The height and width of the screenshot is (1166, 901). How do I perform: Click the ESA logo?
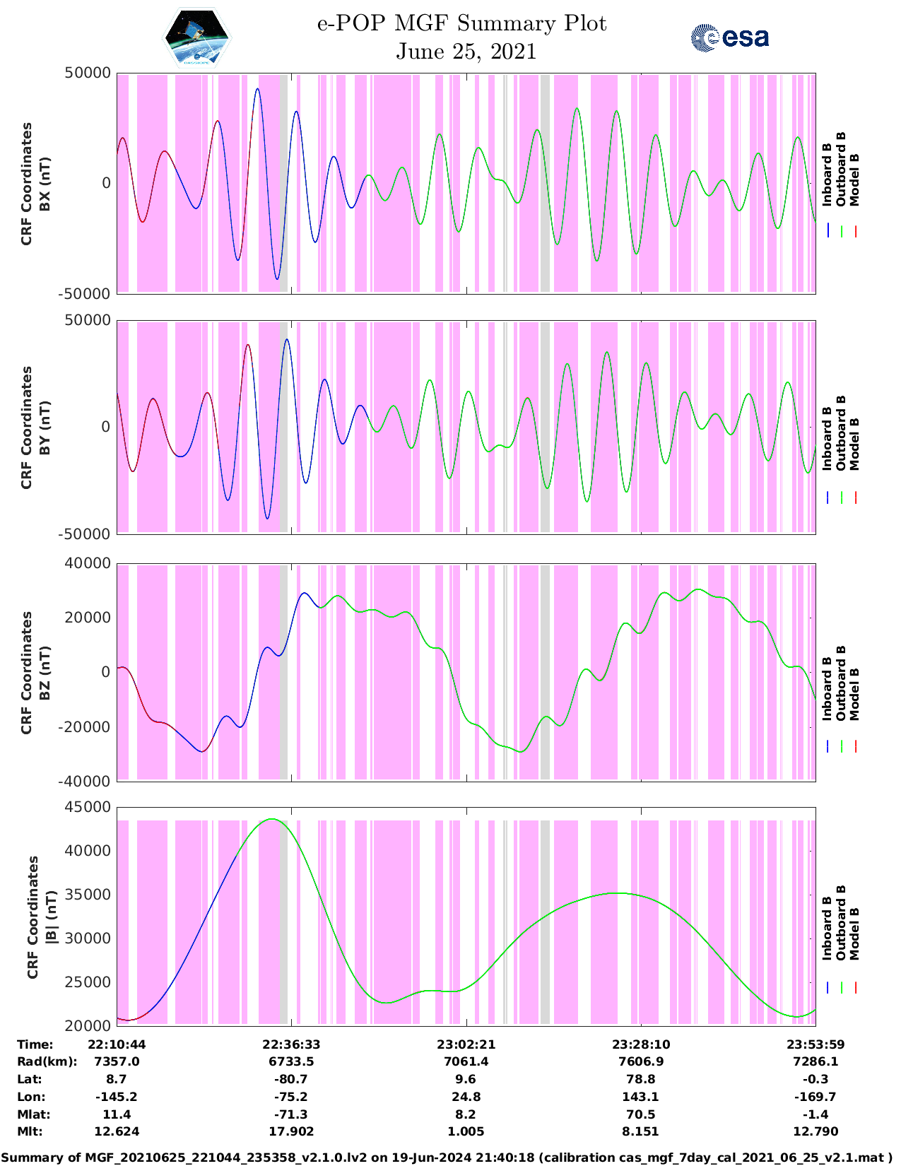[730, 37]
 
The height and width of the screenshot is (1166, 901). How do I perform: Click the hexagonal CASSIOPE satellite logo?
[197, 37]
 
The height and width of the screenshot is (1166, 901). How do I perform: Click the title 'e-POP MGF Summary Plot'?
[461, 23]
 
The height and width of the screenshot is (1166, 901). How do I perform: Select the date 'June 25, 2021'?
[466, 52]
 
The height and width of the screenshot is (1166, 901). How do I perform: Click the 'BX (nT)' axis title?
[45, 184]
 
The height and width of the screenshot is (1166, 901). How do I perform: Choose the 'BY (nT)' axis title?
[45, 427]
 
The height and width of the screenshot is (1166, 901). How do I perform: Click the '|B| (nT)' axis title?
[51, 917]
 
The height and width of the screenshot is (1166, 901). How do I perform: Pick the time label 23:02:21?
[466, 1044]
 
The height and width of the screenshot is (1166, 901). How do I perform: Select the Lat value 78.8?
[640, 1079]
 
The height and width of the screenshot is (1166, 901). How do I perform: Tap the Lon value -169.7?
[815, 1097]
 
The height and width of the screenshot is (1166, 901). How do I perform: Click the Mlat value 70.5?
[640, 1114]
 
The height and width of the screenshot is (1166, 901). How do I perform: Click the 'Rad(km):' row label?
[47, 1061]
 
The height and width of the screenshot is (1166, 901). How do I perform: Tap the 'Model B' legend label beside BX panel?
[854, 179]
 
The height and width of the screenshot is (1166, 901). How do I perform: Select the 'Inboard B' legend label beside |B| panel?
[827, 927]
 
